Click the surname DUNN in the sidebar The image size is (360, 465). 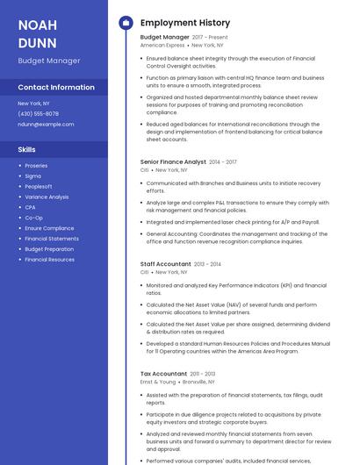tap(37, 43)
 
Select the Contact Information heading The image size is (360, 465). tap(56, 88)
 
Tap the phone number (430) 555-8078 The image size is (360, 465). tap(38, 114)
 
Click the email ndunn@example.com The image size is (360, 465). tap(46, 125)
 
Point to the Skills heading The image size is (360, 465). tap(27, 150)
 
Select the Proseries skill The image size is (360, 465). tap(36, 166)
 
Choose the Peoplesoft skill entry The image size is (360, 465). tap(38, 187)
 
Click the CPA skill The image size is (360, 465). tap(31, 207)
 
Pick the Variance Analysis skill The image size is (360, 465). tap(47, 197)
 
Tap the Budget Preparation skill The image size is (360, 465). tap(49, 249)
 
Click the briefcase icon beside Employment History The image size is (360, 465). tap(125, 23)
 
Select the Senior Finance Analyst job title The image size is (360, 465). tap(173, 162)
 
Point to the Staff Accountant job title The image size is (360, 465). tap(165, 264)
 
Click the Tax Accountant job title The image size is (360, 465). tap(163, 374)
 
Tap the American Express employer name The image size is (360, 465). tap(162, 45)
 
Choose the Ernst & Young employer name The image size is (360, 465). tap(158, 382)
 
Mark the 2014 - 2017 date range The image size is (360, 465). tap(223, 162)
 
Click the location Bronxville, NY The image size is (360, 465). tap(199, 382)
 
